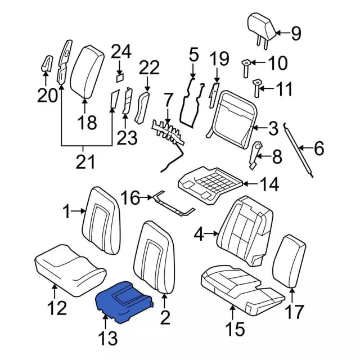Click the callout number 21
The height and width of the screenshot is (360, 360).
pyautogui.click(x=85, y=161)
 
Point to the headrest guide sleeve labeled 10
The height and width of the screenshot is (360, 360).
pyautogui.click(x=246, y=68)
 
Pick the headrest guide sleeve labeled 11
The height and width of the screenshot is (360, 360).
pyautogui.click(x=257, y=88)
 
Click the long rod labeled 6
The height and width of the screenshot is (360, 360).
pyautogui.click(x=298, y=150)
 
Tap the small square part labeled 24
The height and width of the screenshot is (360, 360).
pyautogui.click(x=120, y=78)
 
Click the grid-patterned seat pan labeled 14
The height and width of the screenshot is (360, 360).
pyautogui.click(x=210, y=185)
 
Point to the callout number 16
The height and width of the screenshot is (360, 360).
pyautogui.click(x=130, y=197)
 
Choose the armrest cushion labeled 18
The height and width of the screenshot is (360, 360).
pyautogui.click(x=87, y=72)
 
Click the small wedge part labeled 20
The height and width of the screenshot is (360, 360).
pyautogui.click(x=47, y=64)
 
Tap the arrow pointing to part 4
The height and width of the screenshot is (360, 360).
pyautogui.click(x=211, y=233)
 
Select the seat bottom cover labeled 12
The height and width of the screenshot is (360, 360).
pyautogui.click(x=70, y=271)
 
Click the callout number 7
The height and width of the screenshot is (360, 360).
pyautogui.click(x=168, y=101)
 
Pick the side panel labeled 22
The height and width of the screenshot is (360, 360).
pyautogui.click(x=141, y=107)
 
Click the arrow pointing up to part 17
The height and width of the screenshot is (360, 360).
pyautogui.click(x=292, y=295)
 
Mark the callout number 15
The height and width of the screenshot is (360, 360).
pyautogui.click(x=235, y=328)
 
